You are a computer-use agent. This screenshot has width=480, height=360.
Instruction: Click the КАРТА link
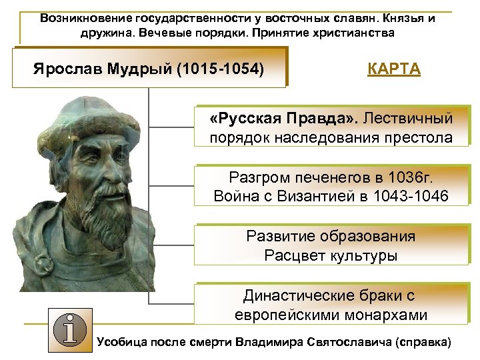click(394, 69)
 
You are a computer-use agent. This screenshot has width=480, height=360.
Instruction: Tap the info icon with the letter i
click(67, 330)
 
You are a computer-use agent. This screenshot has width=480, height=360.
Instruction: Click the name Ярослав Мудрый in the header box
click(102, 69)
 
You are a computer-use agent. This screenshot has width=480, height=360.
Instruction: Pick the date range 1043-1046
click(413, 196)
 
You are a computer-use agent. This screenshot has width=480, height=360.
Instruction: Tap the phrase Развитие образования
click(331, 237)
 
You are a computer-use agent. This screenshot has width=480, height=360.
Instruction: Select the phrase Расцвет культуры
click(331, 255)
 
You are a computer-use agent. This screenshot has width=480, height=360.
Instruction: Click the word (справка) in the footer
click(423, 342)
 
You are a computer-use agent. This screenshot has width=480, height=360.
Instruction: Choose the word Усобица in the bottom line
click(123, 342)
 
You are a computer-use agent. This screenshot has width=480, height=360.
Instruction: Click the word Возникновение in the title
click(85, 18)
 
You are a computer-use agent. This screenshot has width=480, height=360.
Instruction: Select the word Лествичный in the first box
click(409, 119)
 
